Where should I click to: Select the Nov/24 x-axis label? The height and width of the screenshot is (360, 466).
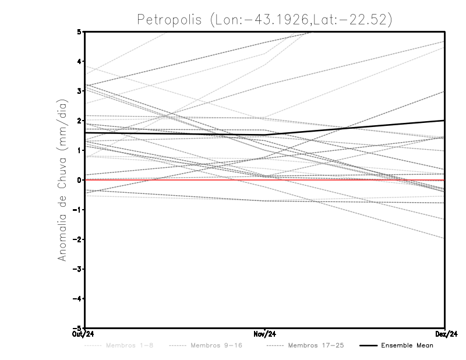(265, 334)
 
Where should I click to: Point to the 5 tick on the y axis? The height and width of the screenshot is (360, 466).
(79, 31)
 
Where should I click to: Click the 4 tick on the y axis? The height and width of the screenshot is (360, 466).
(79, 61)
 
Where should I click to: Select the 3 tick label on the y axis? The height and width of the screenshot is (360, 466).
(79, 91)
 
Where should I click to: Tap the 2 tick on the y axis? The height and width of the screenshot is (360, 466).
(79, 121)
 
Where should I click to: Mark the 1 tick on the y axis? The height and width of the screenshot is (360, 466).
(79, 150)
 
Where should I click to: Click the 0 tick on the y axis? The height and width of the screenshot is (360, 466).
(79, 180)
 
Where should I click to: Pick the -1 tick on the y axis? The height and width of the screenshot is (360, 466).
(77, 210)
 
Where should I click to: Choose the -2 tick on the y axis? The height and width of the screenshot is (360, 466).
(77, 239)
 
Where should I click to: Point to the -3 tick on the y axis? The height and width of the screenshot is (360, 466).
(77, 269)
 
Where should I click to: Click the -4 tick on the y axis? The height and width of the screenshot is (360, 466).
(77, 299)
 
